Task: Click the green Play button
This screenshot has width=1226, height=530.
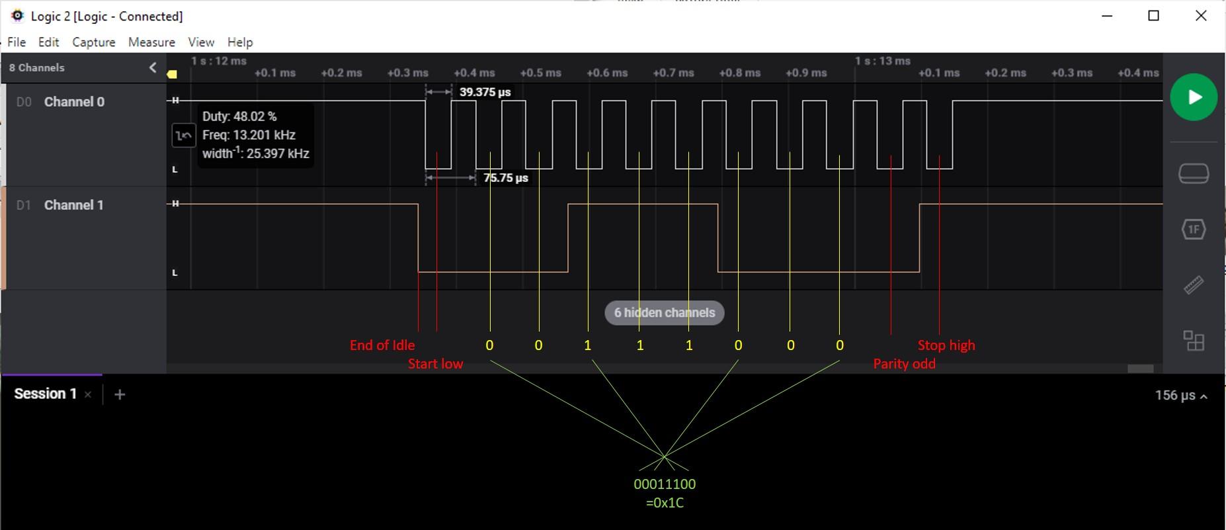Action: (x=1194, y=97)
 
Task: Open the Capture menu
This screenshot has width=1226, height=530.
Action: (x=94, y=42)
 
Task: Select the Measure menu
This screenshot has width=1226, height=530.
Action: (x=151, y=42)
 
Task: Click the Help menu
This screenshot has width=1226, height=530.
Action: (x=240, y=42)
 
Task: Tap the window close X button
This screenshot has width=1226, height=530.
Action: (x=1201, y=16)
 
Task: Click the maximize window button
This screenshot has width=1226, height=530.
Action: (x=1154, y=16)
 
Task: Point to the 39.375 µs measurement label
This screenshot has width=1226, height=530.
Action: (x=485, y=92)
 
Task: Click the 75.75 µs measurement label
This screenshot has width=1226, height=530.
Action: (x=506, y=178)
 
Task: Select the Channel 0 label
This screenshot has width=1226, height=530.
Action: (x=74, y=102)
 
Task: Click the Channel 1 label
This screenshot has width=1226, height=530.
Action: (x=74, y=205)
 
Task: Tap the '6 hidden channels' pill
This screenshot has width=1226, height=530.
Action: (x=665, y=313)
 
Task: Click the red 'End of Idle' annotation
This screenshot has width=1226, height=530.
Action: (x=382, y=345)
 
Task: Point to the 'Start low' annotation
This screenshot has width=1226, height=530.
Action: (x=435, y=364)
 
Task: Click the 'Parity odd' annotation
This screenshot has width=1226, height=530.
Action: (x=904, y=364)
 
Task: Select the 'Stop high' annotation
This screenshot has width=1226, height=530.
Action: (x=946, y=345)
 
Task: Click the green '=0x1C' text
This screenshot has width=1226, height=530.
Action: (x=665, y=503)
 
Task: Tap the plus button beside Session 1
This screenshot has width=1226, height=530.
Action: (x=120, y=394)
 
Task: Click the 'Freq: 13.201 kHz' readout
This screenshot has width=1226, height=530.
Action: (x=249, y=135)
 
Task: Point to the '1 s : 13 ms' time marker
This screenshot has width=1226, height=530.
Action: (x=882, y=61)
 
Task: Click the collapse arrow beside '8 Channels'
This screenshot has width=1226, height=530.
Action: (x=153, y=67)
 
